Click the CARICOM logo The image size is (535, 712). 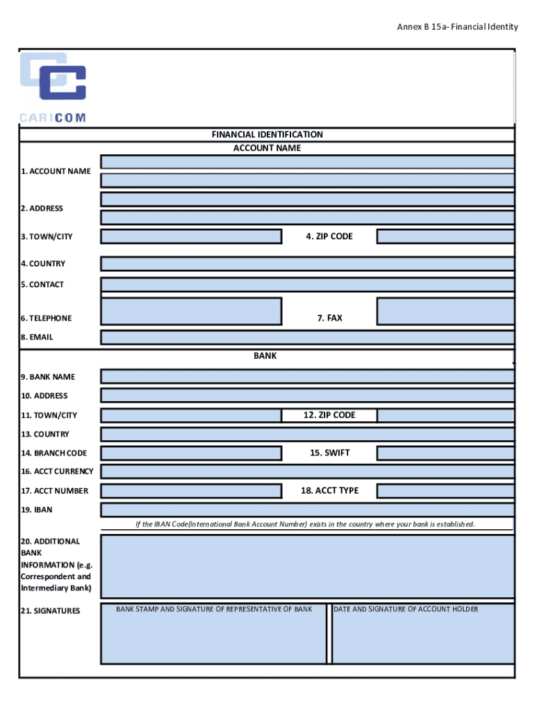(x=53, y=87)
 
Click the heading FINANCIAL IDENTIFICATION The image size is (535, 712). (x=267, y=134)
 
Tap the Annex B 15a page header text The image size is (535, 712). (x=457, y=27)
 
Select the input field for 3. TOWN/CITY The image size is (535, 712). (x=191, y=236)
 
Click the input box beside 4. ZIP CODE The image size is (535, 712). (x=445, y=236)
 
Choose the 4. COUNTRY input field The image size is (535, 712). (x=307, y=264)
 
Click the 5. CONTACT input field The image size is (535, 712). (x=307, y=284)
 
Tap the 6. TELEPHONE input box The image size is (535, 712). (x=191, y=311)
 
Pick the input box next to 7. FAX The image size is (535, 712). (x=445, y=311)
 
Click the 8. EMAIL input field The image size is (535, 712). (x=307, y=337)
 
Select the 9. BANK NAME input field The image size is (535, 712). (x=307, y=377)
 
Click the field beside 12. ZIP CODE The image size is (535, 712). (x=445, y=415)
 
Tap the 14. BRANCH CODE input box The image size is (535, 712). (x=191, y=453)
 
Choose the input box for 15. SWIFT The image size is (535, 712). (x=445, y=453)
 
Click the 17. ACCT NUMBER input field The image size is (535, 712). (x=191, y=491)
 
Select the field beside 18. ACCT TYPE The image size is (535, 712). (x=445, y=491)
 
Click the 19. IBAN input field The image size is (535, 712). (x=307, y=510)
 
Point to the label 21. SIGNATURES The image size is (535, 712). (x=50, y=610)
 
